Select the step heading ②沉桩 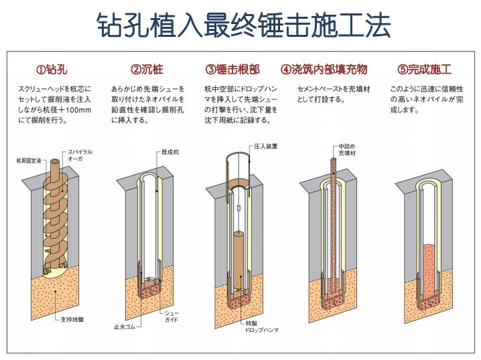pos(147,69)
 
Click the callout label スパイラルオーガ pos(80,156)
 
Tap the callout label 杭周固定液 pos(29,161)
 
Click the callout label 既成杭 pos(170,152)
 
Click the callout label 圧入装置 pos(265,145)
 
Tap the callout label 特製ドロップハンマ pos(262,326)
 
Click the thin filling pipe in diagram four pos(332,215)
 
